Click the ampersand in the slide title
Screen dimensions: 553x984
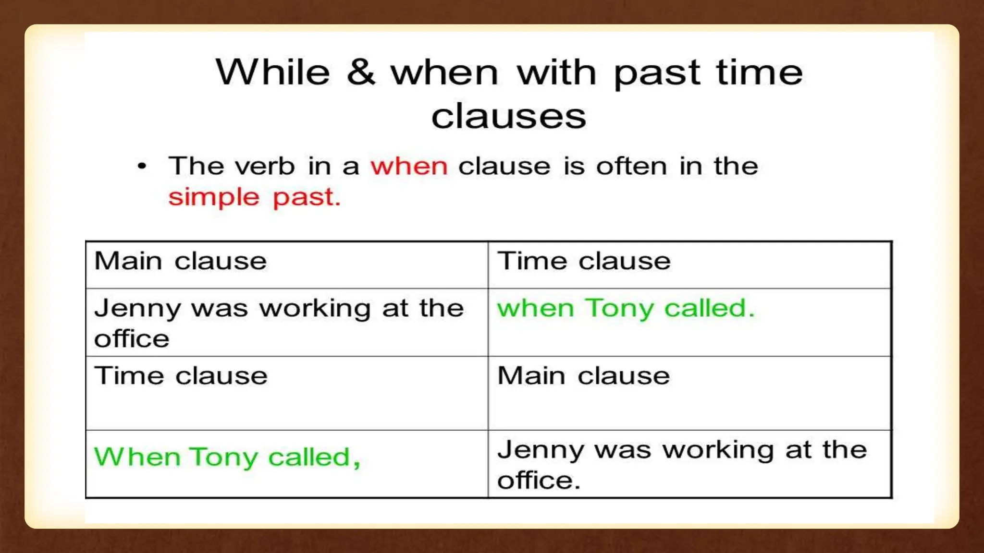360,73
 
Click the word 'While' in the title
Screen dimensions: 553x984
273,73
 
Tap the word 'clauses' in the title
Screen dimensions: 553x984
508,117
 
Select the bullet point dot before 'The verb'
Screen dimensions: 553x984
142,167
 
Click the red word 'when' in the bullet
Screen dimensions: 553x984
409,167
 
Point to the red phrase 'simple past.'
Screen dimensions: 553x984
254,197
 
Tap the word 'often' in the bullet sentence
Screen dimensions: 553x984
631,167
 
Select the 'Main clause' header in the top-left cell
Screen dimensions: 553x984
180,262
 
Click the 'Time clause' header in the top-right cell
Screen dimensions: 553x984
584,262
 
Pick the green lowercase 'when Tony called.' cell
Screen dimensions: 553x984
626,308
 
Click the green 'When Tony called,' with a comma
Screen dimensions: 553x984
227,457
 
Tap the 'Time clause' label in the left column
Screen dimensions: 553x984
181,376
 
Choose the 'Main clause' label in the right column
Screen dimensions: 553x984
583,376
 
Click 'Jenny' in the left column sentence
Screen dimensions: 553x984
137,309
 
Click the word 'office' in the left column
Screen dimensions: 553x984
132,339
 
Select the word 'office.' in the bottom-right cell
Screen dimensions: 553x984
539,481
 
